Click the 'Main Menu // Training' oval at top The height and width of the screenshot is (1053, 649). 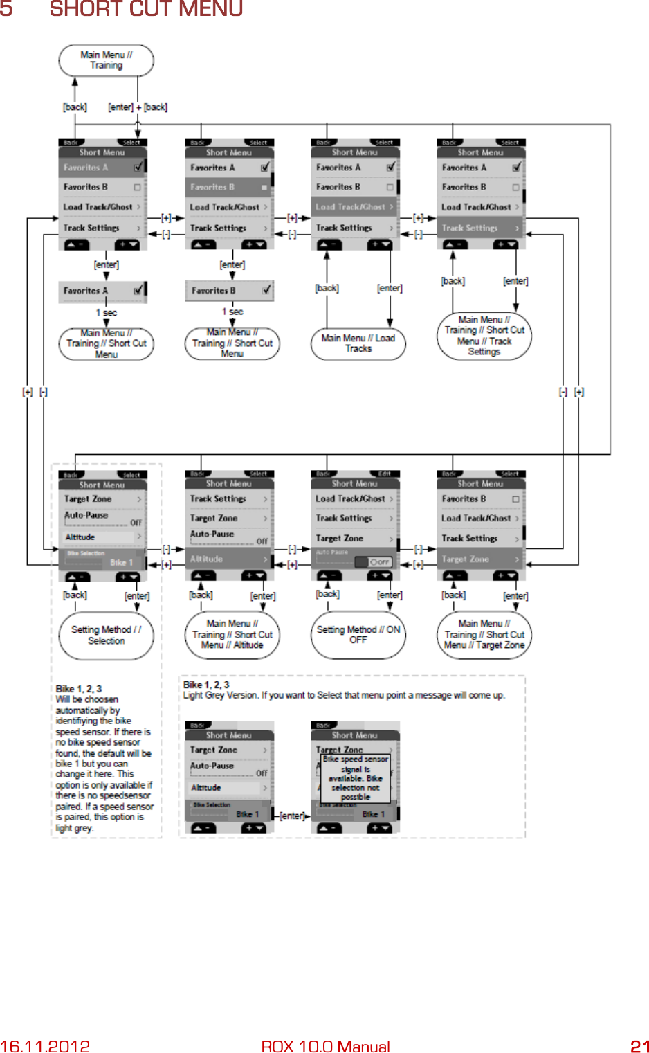[106, 60]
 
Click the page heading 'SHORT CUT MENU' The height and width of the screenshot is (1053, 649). [146, 9]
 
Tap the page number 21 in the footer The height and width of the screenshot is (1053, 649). [639, 1045]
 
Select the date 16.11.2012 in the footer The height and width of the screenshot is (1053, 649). [45, 1045]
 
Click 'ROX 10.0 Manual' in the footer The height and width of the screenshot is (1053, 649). [325, 1045]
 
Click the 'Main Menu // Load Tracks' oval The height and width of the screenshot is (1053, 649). [358, 343]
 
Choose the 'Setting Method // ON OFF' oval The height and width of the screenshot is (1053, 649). [358, 634]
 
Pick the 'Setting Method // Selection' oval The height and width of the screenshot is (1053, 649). [106, 635]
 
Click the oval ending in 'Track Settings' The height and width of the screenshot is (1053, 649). [484, 336]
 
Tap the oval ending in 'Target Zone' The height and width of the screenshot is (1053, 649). [484, 634]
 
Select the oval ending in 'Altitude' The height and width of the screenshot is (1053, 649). [232, 634]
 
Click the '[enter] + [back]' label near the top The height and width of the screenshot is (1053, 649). [138, 107]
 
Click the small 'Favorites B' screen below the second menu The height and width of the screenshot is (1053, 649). [229, 291]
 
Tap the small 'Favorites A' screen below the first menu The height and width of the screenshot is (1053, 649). [103, 291]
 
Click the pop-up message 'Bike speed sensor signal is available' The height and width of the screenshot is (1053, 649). [355, 777]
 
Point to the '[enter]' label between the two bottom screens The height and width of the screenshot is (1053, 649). [292, 816]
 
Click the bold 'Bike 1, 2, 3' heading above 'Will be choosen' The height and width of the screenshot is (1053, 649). [79, 689]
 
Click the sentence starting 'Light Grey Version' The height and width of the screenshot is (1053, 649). [344, 695]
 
